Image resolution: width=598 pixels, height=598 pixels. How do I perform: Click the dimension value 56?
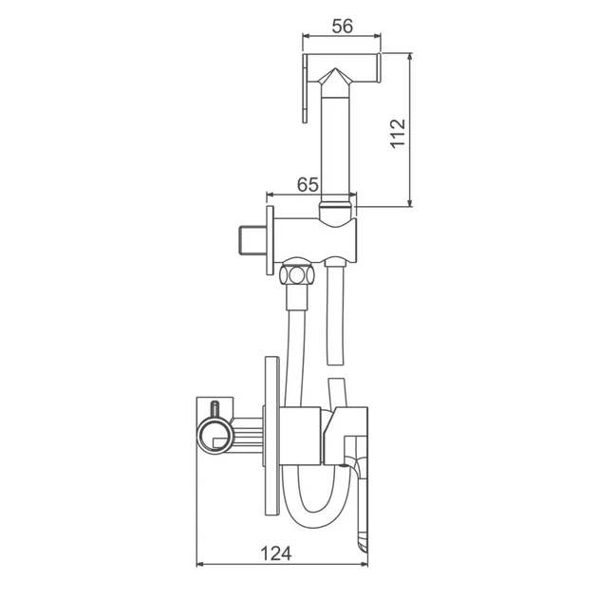tap(342, 26)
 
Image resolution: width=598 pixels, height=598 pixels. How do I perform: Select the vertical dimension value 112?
tap(398, 134)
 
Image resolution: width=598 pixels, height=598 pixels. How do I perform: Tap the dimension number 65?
tap(308, 185)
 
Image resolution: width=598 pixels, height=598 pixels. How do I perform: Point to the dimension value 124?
tap(276, 553)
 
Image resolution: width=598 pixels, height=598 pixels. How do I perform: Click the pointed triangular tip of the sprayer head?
tap(335, 69)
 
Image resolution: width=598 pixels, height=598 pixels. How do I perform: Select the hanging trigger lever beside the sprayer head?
tap(305, 88)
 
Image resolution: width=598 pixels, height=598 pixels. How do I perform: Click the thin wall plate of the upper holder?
tap(270, 240)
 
